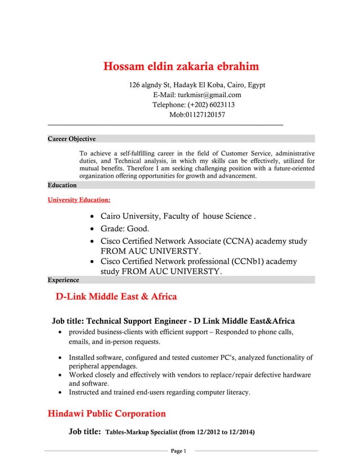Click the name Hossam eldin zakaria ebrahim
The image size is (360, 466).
(x=181, y=67)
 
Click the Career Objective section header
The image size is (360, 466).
(x=72, y=139)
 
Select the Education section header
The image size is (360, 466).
(x=62, y=185)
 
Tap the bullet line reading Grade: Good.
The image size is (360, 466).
(x=125, y=229)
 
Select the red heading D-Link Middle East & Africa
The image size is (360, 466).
(x=116, y=297)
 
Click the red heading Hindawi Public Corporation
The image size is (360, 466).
(x=106, y=414)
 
